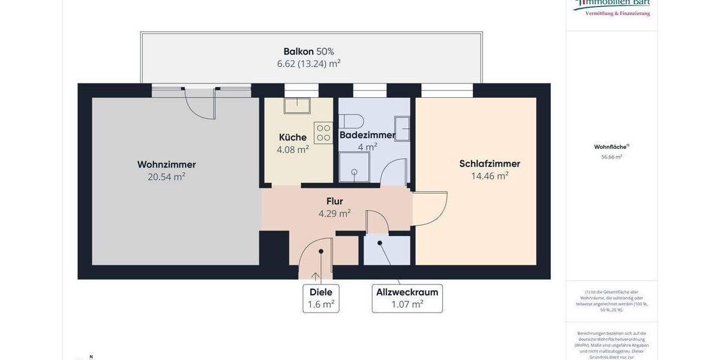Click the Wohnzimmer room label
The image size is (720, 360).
[x=166, y=164]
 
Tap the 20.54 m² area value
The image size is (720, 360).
[x=166, y=177]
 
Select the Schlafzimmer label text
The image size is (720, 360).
[x=490, y=164]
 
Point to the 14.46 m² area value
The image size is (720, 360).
[x=490, y=176]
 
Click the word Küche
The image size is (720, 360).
[x=293, y=137]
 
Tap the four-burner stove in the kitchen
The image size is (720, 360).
[x=323, y=133]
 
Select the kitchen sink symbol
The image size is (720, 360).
[x=297, y=106]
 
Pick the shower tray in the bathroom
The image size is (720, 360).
[x=354, y=167]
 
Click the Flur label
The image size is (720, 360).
[x=334, y=201]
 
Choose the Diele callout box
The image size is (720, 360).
[x=321, y=298]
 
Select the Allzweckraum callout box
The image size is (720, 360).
[x=407, y=298]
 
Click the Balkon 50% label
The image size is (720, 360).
[x=308, y=52]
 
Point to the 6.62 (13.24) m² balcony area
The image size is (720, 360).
[x=308, y=64]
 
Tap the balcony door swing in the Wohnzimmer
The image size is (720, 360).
[x=200, y=104]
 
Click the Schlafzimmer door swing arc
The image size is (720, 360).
[x=430, y=209]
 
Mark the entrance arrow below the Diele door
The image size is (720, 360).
[x=316, y=276]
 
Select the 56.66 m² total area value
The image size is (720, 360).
[x=611, y=157]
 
